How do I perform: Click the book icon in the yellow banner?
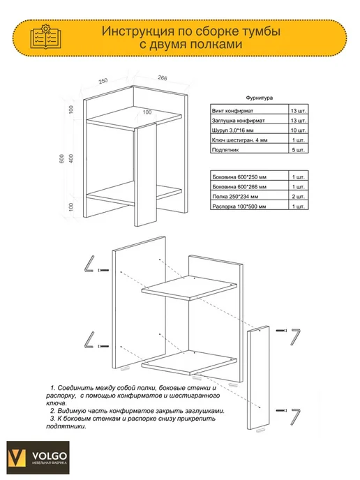[45, 37]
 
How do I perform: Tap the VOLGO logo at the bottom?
[38, 458]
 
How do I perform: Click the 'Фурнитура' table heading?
[259, 98]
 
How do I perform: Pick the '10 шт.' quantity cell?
[298, 130]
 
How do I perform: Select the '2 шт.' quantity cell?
[298, 197]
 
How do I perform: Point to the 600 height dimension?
[62, 158]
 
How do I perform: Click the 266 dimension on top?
[163, 78]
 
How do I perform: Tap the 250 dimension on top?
[103, 81]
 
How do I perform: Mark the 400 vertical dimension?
[71, 158]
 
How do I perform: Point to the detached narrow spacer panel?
[258, 378]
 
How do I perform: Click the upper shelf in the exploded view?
[189, 287]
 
